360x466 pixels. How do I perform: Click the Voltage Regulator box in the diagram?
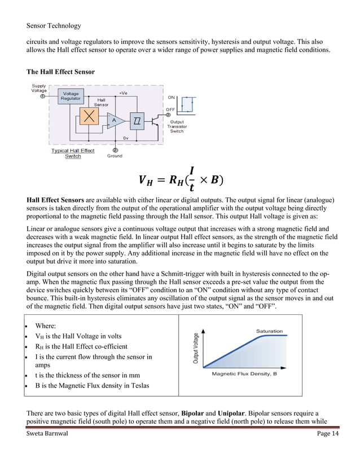[71, 96]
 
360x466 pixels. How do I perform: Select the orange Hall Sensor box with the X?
[87, 117]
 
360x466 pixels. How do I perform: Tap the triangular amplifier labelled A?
[115, 120]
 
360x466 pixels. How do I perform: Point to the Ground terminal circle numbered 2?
[115, 150]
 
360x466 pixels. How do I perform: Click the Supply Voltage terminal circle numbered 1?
[42, 96]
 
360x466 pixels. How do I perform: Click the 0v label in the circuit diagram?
[126, 138]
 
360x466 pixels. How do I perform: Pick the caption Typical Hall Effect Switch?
[73, 153]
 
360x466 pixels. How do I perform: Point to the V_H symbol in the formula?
[146, 181]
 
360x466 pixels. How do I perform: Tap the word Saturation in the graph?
[269, 331]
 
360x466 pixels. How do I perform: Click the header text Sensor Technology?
[54, 25]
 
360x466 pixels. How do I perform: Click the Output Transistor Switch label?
[177, 126]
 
